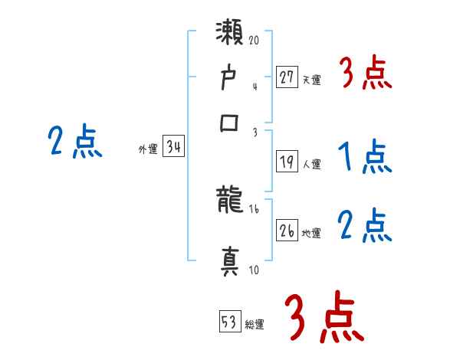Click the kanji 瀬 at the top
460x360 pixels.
pyautogui.click(x=231, y=35)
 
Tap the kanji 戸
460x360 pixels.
pyautogui.click(x=231, y=78)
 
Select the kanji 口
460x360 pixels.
pyautogui.click(x=231, y=123)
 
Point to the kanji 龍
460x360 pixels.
pyautogui.click(x=231, y=203)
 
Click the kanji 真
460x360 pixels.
pyautogui.click(x=231, y=259)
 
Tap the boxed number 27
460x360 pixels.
pyautogui.click(x=287, y=77)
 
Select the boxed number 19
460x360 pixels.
pyautogui.click(x=287, y=162)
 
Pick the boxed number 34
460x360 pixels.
pyautogui.click(x=173, y=148)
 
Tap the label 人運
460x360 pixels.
pyautogui.click(x=311, y=164)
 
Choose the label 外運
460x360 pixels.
pyautogui.click(x=148, y=150)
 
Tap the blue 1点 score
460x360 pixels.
pyautogui.click(x=365, y=159)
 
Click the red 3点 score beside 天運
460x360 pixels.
pyautogui.click(x=365, y=74)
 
